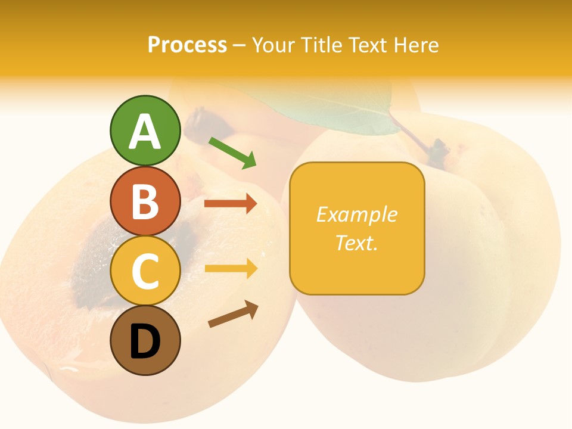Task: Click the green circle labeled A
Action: pos(145,130)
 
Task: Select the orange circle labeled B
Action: pos(145,201)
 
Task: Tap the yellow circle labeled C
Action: pos(145,271)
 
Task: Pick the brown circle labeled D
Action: pos(145,341)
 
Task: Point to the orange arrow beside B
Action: pos(231,204)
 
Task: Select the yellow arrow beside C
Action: pos(231,269)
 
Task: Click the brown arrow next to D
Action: pos(234,314)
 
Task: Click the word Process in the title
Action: pos(187,45)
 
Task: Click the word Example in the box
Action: pos(357,214)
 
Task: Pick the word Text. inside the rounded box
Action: pos(357,243)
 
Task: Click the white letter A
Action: pos(145,132)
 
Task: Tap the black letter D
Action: pos(145,342)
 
